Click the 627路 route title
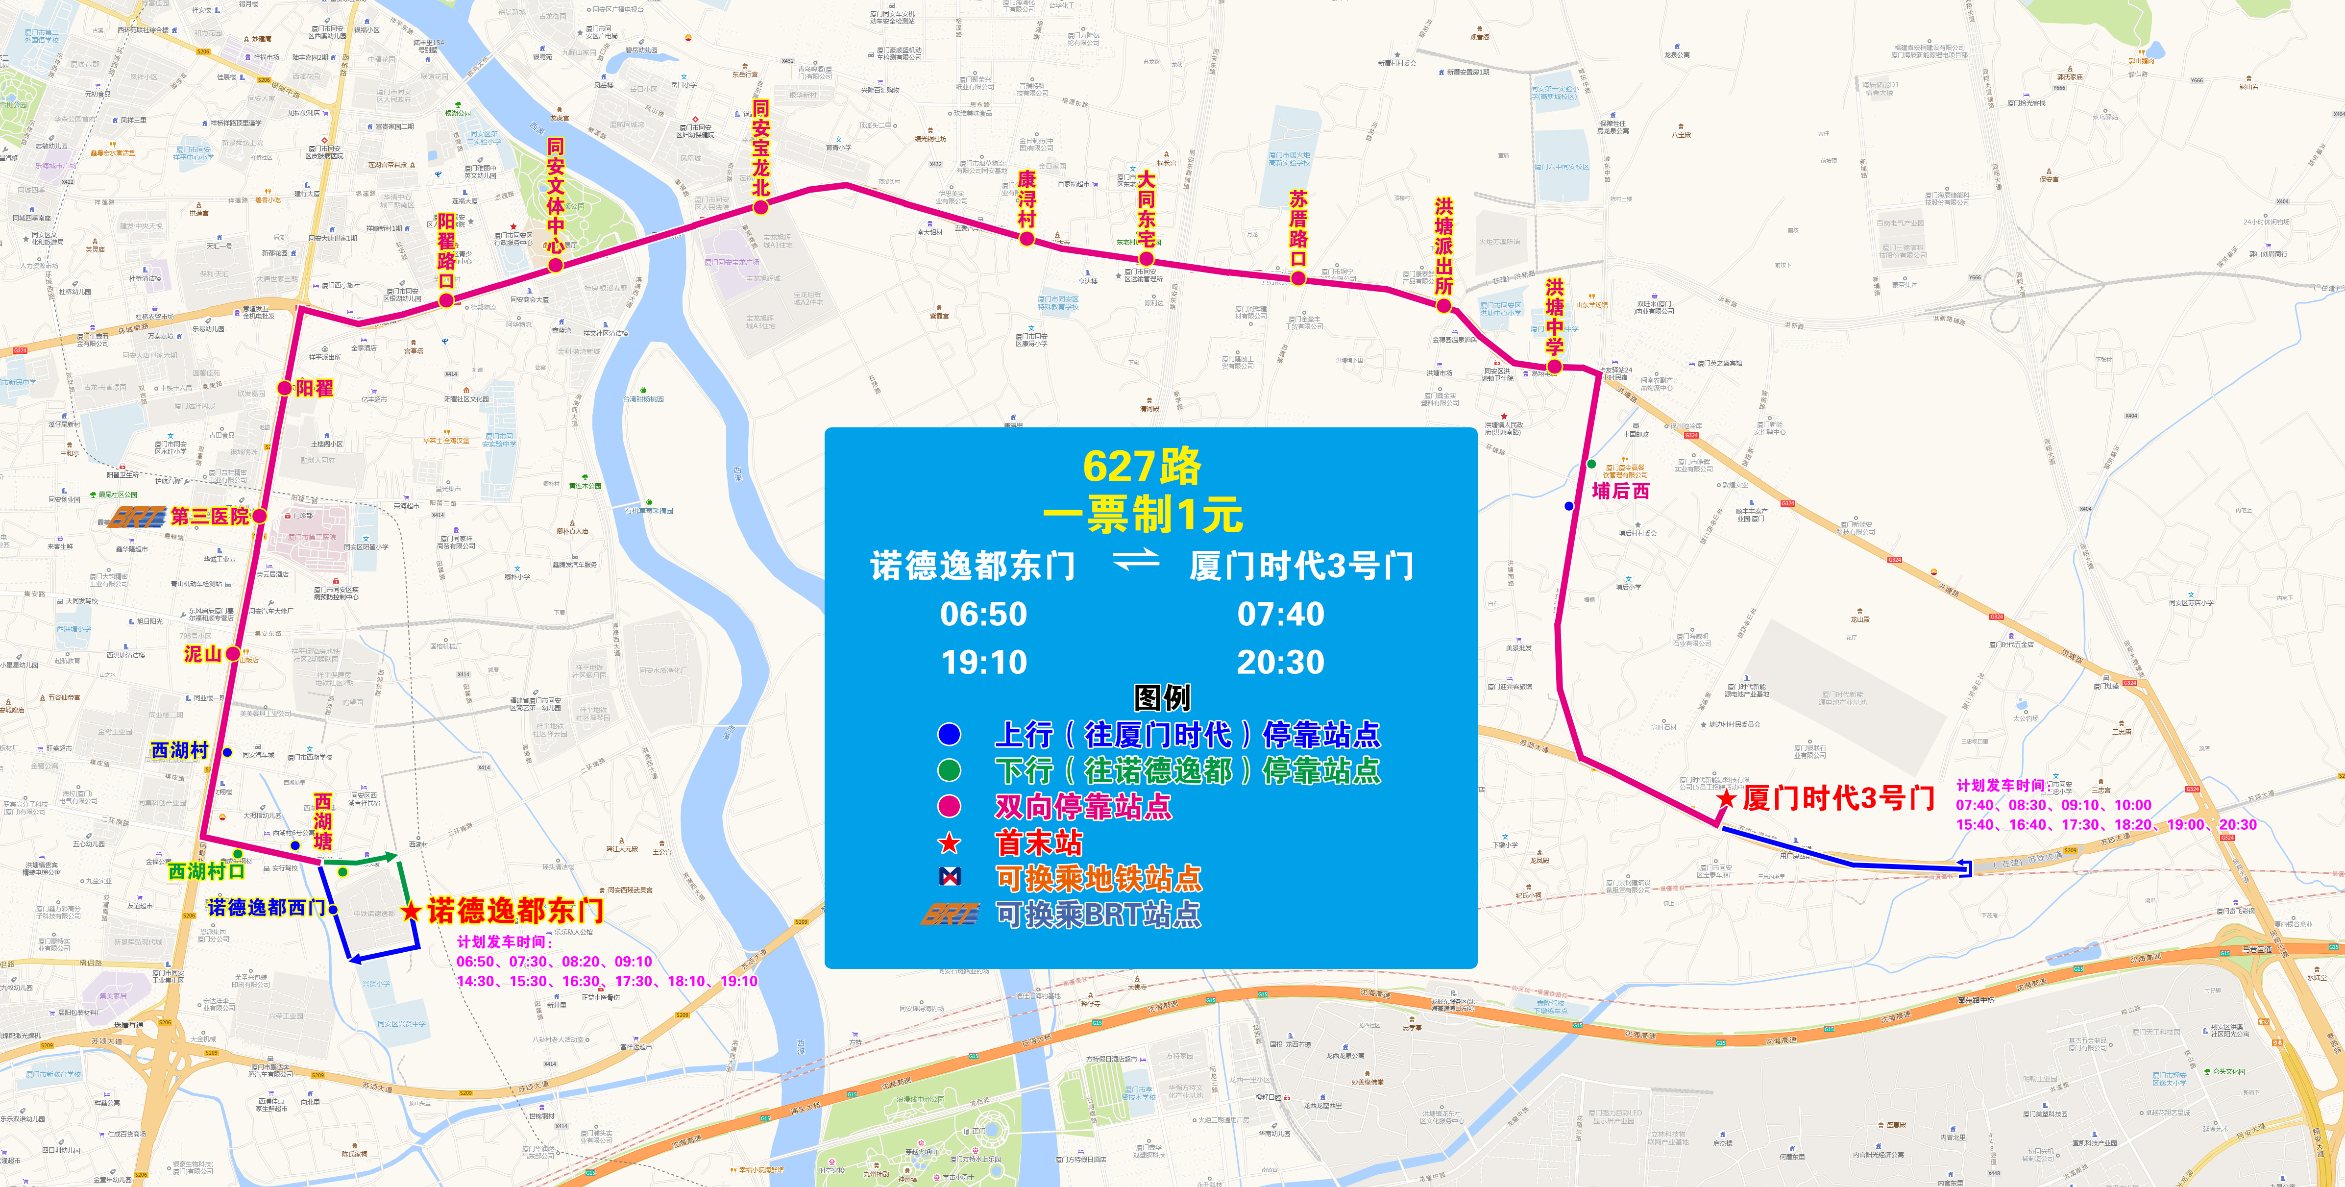(1142, 467)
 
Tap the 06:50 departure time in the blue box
(983, 615)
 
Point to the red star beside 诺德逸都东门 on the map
(412, 910)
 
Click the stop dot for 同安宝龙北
(760, 207)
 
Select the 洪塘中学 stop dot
(1555, 367)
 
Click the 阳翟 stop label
(314, 389)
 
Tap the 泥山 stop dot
(233, 654)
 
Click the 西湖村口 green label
(207, 871)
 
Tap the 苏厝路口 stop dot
(1298, 278)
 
